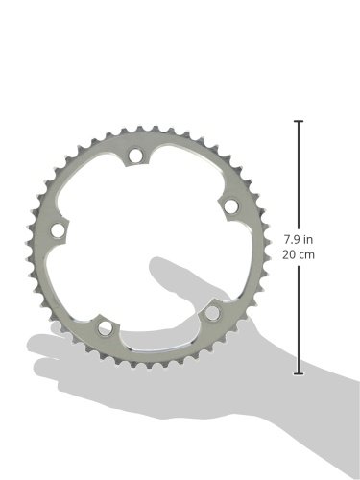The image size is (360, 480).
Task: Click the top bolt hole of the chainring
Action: click(135, 155)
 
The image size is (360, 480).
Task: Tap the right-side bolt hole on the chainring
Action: click(230, 206)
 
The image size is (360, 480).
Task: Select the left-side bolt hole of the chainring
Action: click(58, 230)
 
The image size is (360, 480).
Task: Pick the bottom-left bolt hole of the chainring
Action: click(105, 328)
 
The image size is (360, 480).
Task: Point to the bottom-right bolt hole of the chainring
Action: click(211, 313)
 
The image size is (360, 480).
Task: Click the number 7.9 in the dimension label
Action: click(292, 239)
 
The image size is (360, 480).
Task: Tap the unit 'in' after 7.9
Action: click(308, 239)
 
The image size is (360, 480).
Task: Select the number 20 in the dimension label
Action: click(288, 255)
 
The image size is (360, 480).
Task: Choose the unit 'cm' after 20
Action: click(306, 255)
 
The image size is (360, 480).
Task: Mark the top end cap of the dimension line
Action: click(299, 121)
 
